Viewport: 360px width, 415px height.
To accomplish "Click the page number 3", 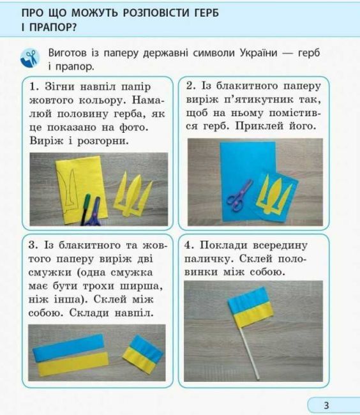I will click(326, 405).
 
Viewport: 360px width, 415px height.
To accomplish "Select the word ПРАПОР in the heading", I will click(46, 28).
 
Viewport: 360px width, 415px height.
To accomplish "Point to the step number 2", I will click(190, 86).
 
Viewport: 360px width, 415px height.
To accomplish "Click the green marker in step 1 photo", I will click(87, 200).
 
